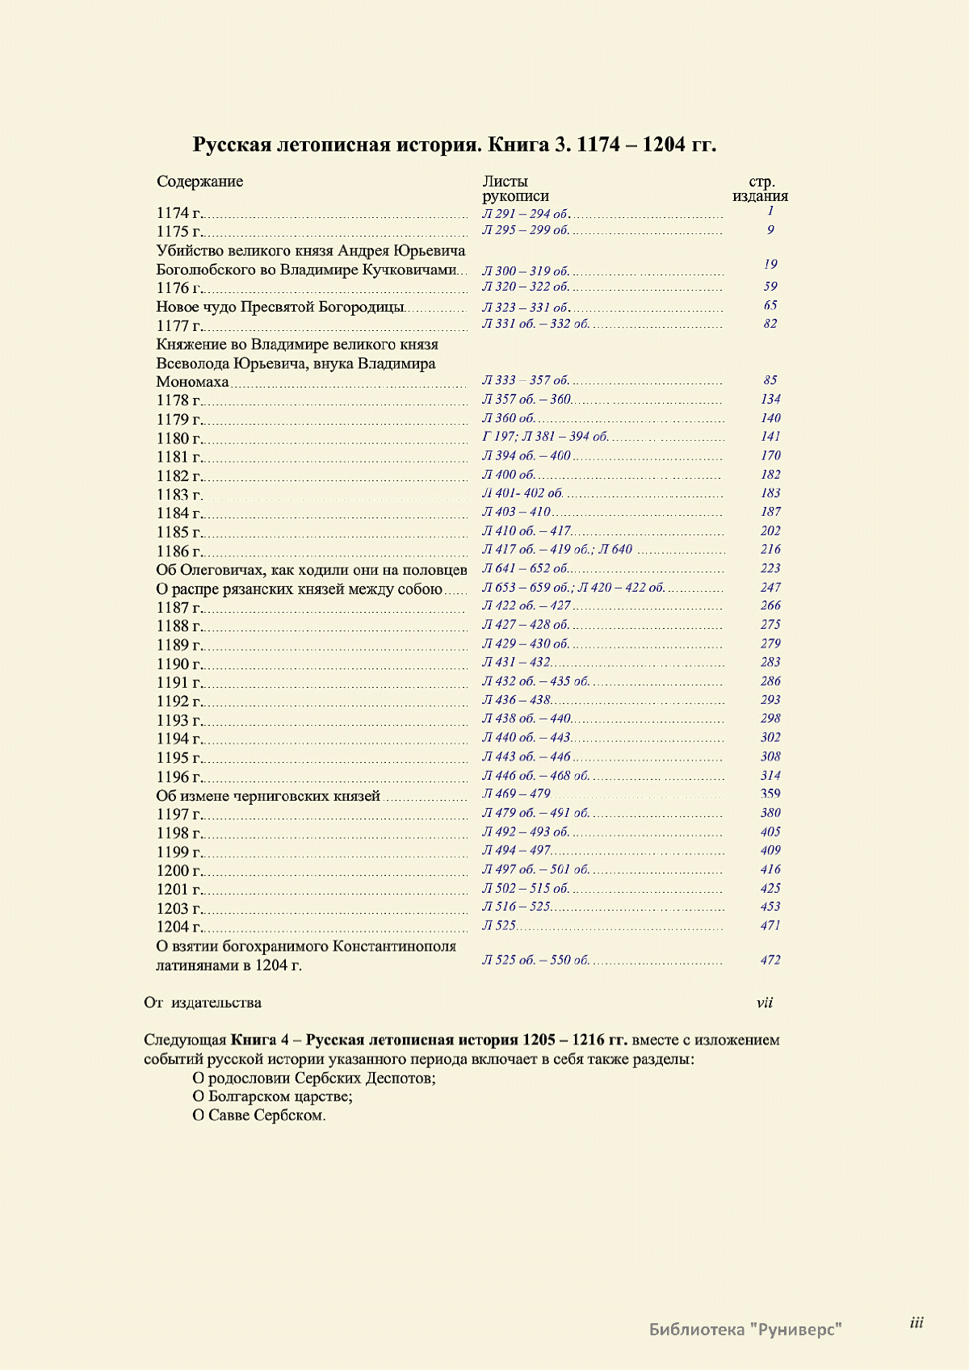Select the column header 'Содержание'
[x=199, y=182]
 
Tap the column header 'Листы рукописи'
[x=515, y=189]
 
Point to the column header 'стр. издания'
[x=761, y=189]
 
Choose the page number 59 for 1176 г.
[x=770, y=287]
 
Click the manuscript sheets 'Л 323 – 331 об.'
[x=526, y=307]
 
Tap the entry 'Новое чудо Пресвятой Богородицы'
[x=280, y=307]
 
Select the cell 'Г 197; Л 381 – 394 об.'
[x=546, y=437]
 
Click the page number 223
[x=770, y=568]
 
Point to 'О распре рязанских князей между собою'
[x=300, y=589]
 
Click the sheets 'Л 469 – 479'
[x=516, y=794]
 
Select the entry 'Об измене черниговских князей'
[x=268, y=796]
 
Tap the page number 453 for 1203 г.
[x=770, y=907]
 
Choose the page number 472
[x=770, y=960]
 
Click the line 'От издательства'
[x=203, y=1003]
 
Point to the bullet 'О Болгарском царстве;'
[x=273, y=1096]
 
